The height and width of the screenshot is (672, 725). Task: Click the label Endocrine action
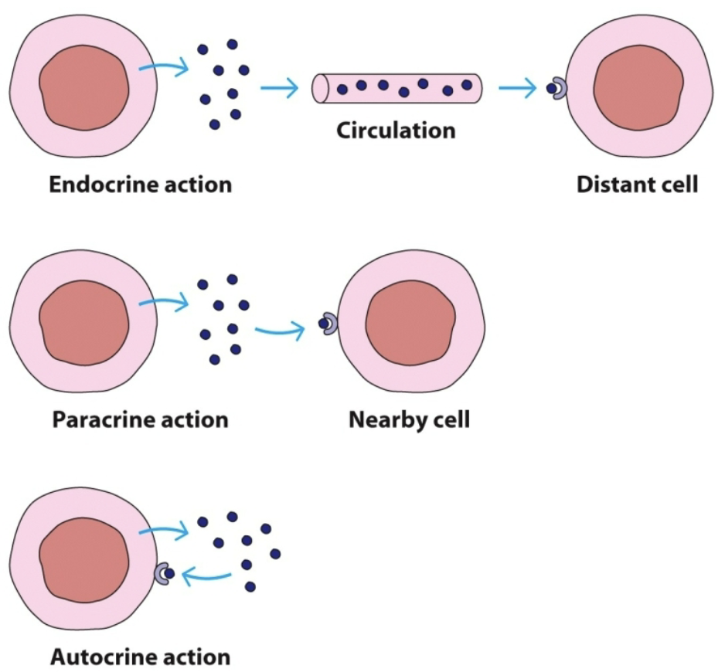140,185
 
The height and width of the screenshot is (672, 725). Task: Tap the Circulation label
396,130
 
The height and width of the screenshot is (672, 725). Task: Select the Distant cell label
637,185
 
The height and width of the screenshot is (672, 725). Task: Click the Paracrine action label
140,420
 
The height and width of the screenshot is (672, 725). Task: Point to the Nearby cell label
409,420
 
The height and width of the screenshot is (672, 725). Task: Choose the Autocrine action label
140,657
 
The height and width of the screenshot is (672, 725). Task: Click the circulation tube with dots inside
397,87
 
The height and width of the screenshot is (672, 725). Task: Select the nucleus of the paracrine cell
83,322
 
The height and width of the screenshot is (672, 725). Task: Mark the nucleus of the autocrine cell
83,559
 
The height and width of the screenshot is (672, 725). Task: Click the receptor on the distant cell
558,90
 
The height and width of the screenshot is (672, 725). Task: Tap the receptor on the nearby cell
329,324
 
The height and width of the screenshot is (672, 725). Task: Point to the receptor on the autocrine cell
162,573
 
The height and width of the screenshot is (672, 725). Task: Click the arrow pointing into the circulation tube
279,89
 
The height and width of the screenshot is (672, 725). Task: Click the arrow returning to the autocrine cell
206,574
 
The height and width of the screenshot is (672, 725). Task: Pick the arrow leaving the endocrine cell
164,69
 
